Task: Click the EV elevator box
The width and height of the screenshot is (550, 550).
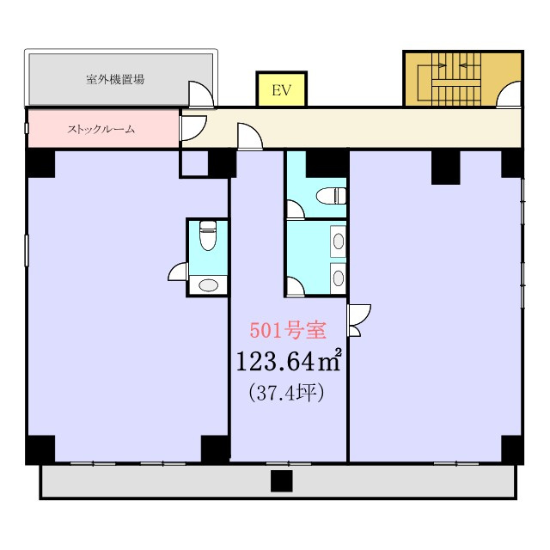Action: tap(282, 89)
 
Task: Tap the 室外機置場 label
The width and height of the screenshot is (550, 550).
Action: tap(115, 80)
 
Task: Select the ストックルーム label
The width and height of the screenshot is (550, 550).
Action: tap(101, 130)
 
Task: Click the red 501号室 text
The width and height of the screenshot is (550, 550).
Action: tap(288, 330)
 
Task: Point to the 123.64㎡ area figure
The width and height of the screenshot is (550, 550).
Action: tap(289, 361)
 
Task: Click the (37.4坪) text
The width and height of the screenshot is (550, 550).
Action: tap(286, 393)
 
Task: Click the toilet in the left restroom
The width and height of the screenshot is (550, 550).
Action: tap(207, 235)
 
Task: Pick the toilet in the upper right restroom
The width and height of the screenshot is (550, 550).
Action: tap(331, 196)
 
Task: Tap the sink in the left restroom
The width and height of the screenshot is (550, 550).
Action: tap(208, 284)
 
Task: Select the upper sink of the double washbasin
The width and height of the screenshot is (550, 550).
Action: tap(339, 241)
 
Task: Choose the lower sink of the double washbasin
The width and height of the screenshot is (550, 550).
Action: tap(339, 278)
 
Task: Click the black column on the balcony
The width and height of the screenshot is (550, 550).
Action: tap(281, 481)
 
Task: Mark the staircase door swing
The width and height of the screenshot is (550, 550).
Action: tap(508, 94)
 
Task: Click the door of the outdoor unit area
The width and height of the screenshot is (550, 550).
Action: tap(201, 94)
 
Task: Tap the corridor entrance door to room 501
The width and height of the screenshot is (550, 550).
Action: tap(250, 137)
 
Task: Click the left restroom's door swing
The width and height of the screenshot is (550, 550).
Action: tap(178, 272)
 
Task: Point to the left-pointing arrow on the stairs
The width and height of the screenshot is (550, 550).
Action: tap(465, 65)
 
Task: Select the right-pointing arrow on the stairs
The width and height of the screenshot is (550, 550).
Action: tap(440, 65)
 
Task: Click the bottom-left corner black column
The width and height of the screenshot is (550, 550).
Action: tap(40, 449)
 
